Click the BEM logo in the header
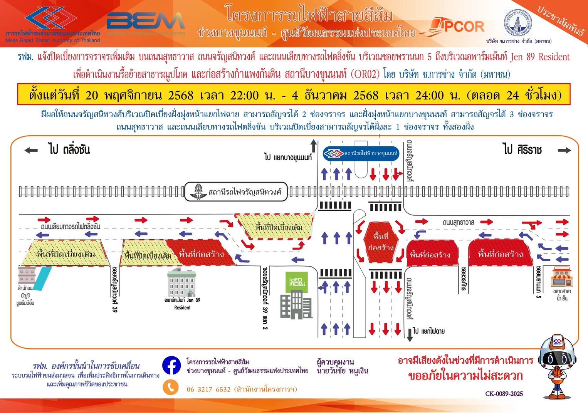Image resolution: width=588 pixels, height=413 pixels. (146, 22)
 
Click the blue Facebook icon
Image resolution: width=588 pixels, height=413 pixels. (171, 365)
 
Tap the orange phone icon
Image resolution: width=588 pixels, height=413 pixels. (171, 387)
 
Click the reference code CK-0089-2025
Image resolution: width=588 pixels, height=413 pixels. (504, 394)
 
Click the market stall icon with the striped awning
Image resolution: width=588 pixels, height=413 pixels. (561, 276)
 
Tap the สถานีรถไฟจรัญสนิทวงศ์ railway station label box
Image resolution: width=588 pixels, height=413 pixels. (236, 192)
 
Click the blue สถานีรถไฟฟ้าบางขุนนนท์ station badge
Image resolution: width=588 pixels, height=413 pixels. (361, 154)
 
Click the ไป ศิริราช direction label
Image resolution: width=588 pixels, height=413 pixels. (522, 149)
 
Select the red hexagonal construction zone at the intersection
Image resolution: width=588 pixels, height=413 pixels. (381, 242)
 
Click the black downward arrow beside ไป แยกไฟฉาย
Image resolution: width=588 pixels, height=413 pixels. (409, 334)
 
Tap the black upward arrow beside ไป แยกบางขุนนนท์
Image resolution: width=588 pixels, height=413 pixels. (314, 147)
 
